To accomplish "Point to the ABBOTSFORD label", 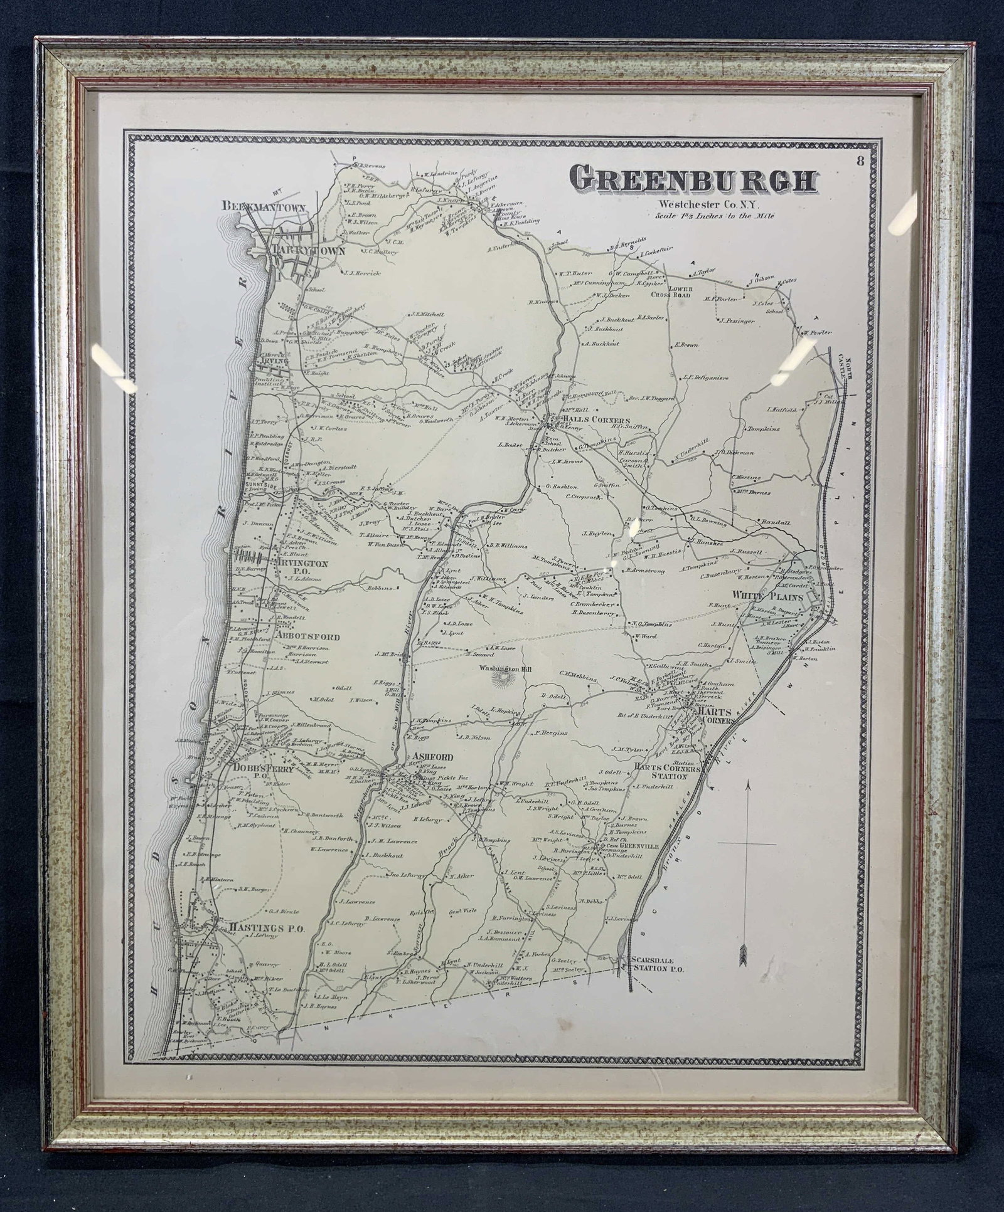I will click(x=307, y=636).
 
